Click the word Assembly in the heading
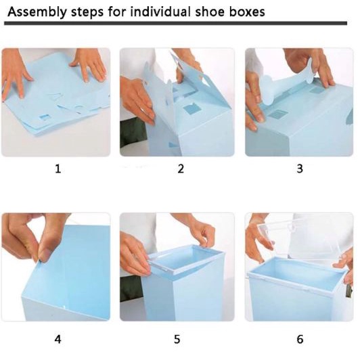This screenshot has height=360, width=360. [x=37, y=12]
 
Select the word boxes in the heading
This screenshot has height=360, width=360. [x=247, y=12]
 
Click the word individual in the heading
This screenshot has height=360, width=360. [x=160, y=12]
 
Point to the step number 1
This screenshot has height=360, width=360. [x=58, y=168]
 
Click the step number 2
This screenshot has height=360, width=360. [x=181, y=168]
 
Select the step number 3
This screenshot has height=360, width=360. [x=300, y=168]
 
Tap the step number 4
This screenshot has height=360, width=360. [x=58, y=339]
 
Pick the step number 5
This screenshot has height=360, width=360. [x=177, y=339]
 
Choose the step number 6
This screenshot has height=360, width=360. [x=300, y=339]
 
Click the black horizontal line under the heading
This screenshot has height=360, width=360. [x=176, y=23]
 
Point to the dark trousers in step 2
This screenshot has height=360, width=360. [x=133, y=133]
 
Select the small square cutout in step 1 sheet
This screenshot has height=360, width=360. [x=45, y=117]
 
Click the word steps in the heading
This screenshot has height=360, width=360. [x=87, y=12]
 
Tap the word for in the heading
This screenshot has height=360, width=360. [x=117, y=12]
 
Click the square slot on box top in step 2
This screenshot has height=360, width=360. [x=192, y=109]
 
